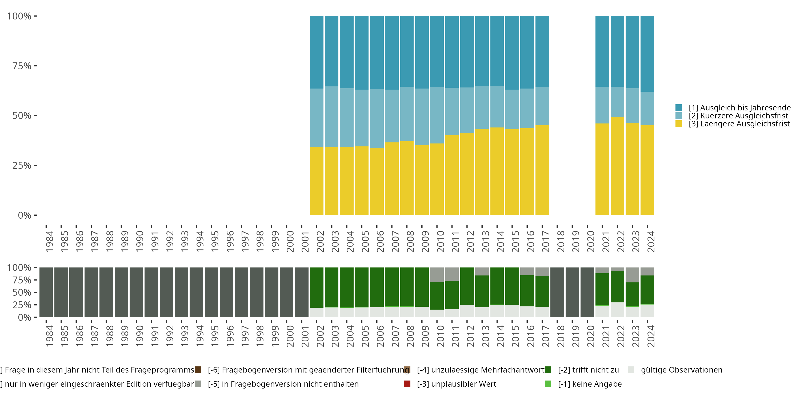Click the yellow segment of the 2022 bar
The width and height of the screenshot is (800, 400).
(x=617, y=166)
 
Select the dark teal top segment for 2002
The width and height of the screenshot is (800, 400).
(x=317, y=52)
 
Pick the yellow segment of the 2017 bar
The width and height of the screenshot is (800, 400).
(x=542, y=170)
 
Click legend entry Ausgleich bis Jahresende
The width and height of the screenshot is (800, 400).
(x=739, y=108)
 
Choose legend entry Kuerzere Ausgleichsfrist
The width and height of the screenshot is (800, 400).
(x=738, y=116)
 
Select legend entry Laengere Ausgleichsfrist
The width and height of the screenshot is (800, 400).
(x=739, y=124)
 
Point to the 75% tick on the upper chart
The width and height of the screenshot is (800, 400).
(x=35, y=66)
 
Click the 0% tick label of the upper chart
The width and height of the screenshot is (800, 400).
(x=24, y=215)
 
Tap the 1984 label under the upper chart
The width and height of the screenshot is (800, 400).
(x=49, y=241)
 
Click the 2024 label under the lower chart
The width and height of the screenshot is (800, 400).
(x=651, y=336)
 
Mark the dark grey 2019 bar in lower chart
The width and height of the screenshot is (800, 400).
(x=572, y=292)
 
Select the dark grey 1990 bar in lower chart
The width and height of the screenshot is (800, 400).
(x=136, y=292)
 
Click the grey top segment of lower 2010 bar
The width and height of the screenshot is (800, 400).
(x=437, y=275)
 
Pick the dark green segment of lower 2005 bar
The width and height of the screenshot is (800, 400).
(x=362, y=287)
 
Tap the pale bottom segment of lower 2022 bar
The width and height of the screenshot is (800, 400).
(x=617, y=310)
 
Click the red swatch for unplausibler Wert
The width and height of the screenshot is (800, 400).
(x=407, y=384)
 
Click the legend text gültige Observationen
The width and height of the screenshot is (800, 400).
(x=681, y=370)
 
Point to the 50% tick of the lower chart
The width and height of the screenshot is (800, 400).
(x=35, y=292)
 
